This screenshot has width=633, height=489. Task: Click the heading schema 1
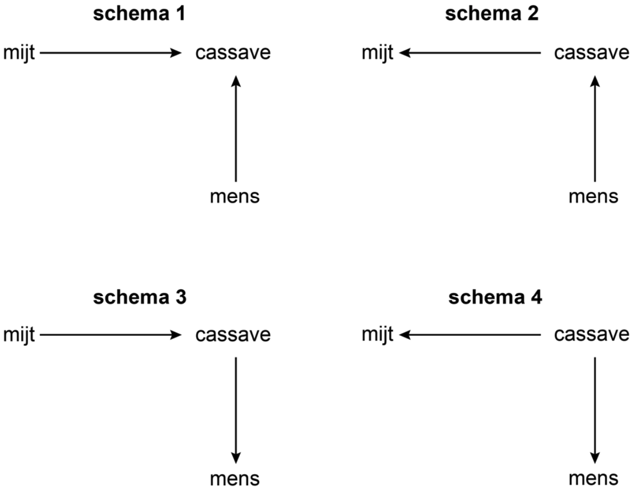tap(139, 15)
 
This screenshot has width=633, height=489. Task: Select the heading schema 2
tap(491, 15)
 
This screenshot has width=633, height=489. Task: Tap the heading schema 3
tap(139, 298)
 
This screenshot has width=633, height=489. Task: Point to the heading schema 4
tap(495, 298)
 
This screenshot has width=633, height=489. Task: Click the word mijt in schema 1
tap(19, 53)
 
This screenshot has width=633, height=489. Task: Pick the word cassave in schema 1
tap(233, 54)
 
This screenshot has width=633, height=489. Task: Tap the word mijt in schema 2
tap(377, 53)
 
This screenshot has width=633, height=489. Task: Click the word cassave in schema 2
tap(592, 54)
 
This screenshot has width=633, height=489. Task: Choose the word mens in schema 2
tap(594, 197)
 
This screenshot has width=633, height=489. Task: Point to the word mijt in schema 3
tap(19, 335)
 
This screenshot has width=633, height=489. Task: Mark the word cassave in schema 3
tap(233, 336)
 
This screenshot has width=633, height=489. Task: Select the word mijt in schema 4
tap(377, 335)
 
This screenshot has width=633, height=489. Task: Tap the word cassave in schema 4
tap(592, 336)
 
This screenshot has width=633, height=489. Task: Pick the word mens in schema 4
tap(594, 479)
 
